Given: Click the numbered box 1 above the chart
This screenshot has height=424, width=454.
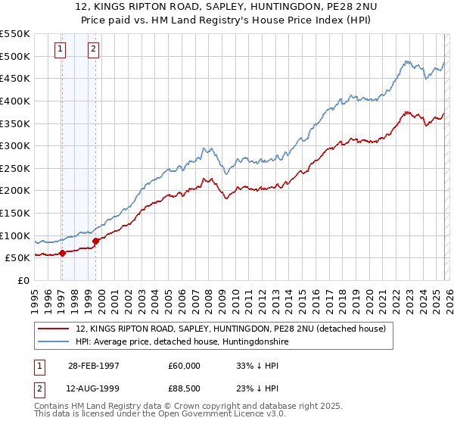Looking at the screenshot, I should click(61, 50).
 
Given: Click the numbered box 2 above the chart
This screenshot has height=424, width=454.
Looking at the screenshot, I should click(93, 50).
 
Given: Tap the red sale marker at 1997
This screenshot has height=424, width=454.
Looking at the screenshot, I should click(63, 254).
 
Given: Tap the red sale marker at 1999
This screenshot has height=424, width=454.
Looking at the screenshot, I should click(95, 241).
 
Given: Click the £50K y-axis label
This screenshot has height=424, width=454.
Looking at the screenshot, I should click(17, 258).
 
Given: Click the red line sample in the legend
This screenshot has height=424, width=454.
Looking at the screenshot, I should click(54, 329).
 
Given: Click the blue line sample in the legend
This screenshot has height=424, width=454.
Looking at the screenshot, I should click(54, 342).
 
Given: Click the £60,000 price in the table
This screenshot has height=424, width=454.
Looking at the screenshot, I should click(184, 365).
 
